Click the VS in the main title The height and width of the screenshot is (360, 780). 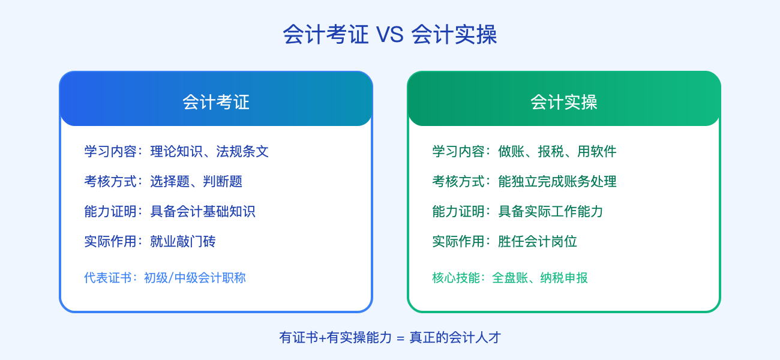(389, 35)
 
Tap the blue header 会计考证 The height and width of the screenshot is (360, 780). (216, 102)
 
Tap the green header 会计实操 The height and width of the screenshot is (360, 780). (564, 102)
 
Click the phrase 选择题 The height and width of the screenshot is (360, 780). (170, 181)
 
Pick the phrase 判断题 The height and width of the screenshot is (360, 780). (223, 181)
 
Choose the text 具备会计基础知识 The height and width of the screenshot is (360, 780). (203, 211)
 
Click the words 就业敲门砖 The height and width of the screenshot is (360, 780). (183, 241)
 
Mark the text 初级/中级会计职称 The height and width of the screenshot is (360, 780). (195, 278)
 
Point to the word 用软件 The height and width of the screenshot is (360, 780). (597, 151)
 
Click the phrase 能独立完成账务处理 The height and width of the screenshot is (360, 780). (557, 181)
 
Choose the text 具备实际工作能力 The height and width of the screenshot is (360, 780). (551, 211)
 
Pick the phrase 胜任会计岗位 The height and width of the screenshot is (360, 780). (538, 241)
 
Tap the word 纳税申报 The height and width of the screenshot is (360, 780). (564, 278)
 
